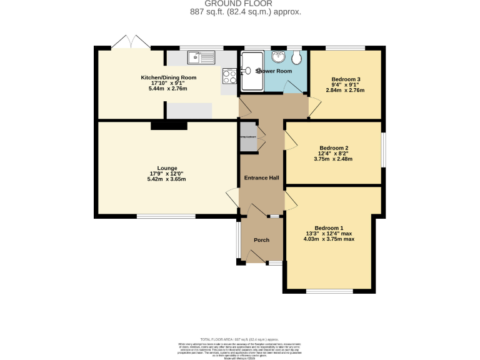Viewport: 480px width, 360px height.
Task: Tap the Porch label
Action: click(261, 240)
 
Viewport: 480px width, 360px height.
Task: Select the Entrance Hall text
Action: click(261, 178)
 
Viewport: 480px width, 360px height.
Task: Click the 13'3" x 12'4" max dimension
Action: click(329, 233)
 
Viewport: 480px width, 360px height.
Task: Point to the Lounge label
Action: click(167, 167)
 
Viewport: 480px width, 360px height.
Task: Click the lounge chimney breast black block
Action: click(169, 126)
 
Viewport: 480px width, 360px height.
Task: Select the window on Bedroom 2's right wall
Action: click(382, 150)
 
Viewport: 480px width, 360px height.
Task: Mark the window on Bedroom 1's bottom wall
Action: click(329, 291)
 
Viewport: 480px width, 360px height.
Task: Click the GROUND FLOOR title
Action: click(240, 4)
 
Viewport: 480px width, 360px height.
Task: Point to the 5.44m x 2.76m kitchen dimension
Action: click(167, 89)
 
